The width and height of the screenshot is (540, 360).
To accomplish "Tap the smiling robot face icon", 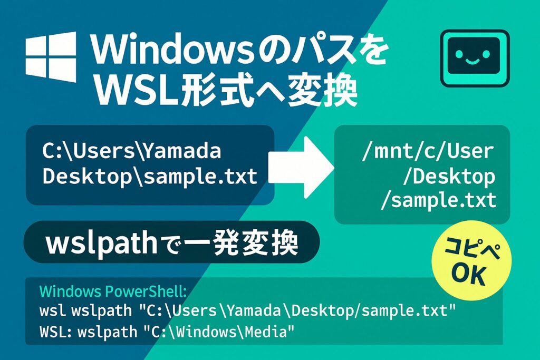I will click(474, 58).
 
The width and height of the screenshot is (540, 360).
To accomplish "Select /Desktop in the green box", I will click(448, 177).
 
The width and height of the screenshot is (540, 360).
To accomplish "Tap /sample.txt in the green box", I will click(438, 200).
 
